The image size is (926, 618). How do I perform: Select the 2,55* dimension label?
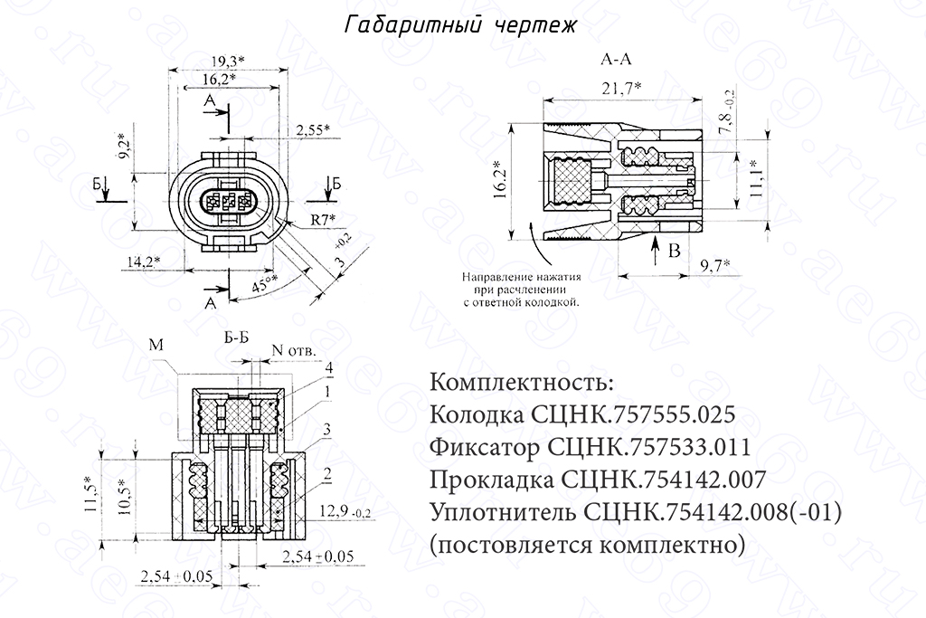pos(313,130)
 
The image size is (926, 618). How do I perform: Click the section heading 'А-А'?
pos(617,61)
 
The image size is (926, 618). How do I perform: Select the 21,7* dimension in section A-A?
pos(620,87)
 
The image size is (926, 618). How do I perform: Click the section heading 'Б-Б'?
pos(236,338)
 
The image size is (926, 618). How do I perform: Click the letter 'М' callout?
pos(153,344)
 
